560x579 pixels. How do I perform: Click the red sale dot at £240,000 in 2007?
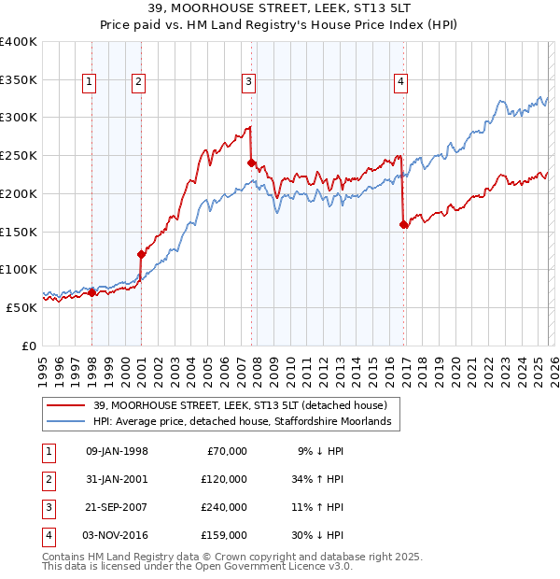(251, 162)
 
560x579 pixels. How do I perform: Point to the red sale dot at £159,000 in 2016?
(403, 224)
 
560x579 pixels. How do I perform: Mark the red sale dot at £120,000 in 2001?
(141, 254)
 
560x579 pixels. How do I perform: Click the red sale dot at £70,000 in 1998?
(92, 292)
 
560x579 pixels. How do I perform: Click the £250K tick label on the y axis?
(19, 156)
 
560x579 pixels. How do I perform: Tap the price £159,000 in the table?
(224, 535)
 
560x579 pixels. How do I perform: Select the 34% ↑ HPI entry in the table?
(318, 479)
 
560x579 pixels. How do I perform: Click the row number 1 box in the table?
(47, 451)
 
